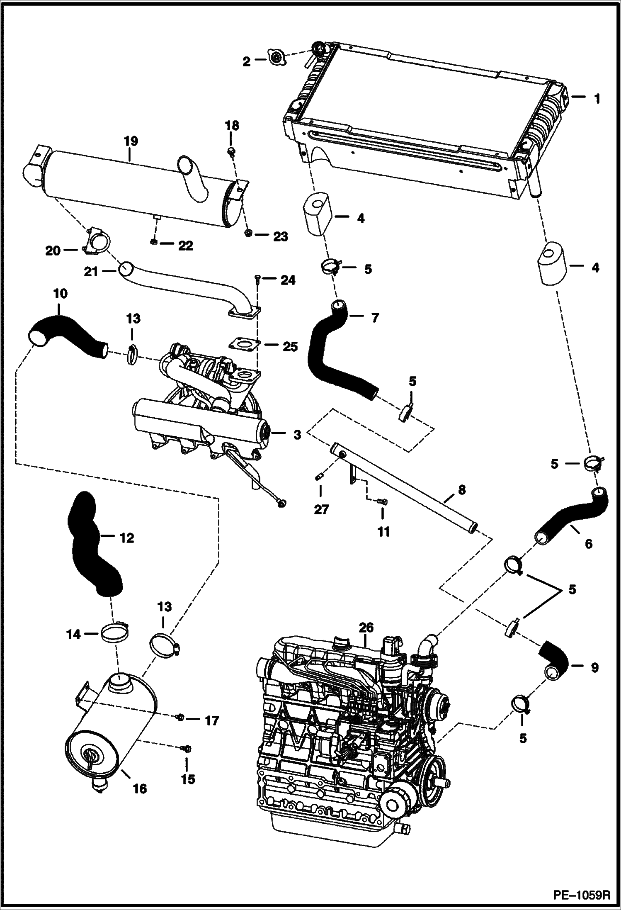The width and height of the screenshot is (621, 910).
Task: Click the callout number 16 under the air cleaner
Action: [x=140, y=789]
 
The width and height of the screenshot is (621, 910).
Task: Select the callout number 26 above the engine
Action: [x=366, y=628]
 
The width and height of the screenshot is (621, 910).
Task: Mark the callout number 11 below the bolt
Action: [x=383, y=531]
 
